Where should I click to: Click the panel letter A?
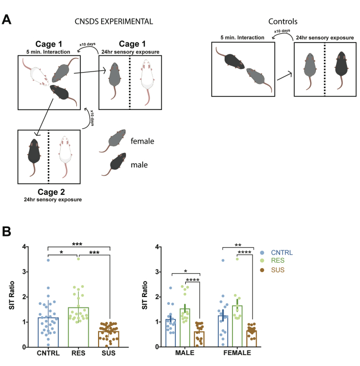(6, 19)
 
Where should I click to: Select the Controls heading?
(283, 21)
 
